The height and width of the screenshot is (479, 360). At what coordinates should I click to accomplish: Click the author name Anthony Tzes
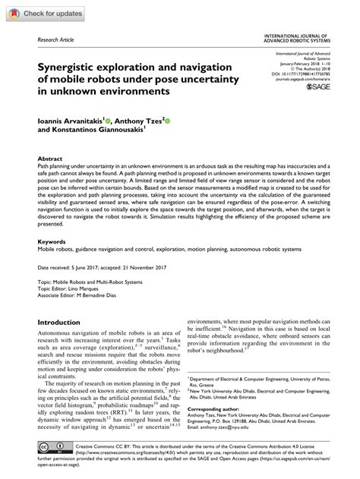145,120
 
